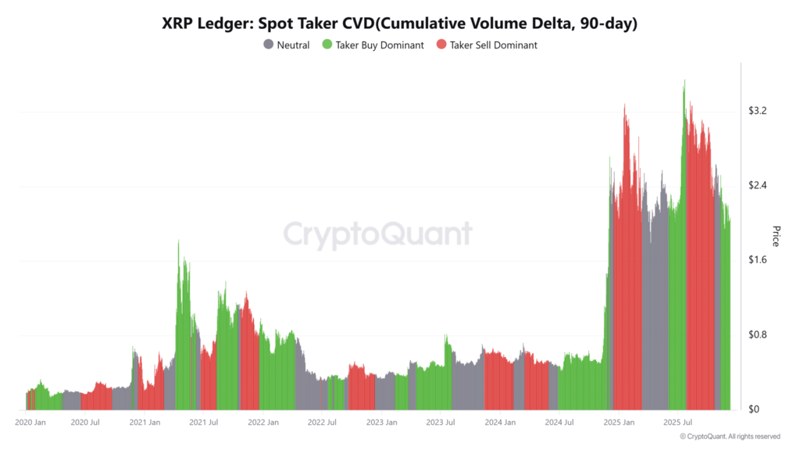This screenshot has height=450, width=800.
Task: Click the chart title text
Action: (399, 23)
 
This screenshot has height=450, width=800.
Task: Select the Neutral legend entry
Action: (293, 45)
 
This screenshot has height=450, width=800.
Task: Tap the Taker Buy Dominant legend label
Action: (380, 45)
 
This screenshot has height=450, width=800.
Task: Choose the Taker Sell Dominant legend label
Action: (493, 45)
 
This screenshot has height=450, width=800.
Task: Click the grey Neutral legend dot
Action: (269, 45)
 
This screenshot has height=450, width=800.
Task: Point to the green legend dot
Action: (327, 45)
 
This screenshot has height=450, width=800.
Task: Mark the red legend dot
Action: (441, 45)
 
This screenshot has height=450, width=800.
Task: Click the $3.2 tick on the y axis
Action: (757, 111)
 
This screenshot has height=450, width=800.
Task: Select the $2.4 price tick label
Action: (757, 185)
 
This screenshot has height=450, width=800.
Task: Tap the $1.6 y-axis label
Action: (757, 260)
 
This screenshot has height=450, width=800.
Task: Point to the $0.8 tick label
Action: (757, 334)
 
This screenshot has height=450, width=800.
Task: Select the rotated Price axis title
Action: (776, 236)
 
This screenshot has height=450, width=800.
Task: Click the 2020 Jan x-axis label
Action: (30, 423)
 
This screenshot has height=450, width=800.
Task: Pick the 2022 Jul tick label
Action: (322, 423)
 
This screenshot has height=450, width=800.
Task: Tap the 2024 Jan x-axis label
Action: (499, 423)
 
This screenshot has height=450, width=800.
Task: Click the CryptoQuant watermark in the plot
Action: (377, 234)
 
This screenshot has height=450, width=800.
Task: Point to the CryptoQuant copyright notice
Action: (730, 437)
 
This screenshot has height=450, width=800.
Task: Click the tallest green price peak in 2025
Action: (684, 81)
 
